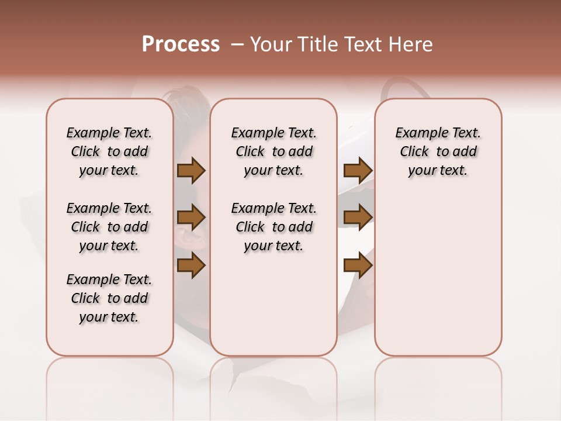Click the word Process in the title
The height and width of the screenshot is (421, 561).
[181, 44]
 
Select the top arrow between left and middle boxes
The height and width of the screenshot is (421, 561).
[191, 170]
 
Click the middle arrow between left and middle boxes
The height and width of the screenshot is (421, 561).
[191, 218]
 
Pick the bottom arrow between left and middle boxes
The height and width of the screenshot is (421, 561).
[191, 266]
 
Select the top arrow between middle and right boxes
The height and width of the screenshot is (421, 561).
[358, 170]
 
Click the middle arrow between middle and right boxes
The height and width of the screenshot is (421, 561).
[358, 218]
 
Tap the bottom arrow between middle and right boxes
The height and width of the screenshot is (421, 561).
[358, 266]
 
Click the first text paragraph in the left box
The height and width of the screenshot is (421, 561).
[109, 151]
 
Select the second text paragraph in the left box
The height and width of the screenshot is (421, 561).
[109, 227]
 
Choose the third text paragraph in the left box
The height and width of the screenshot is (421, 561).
[109, 298]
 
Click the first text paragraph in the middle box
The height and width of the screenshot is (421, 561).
[273, 151]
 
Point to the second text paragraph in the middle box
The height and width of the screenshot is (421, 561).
[273, 227]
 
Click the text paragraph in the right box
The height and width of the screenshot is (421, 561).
[438, 151]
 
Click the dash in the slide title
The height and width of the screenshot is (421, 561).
[238, 44]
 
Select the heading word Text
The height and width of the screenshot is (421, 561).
[363, 44]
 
